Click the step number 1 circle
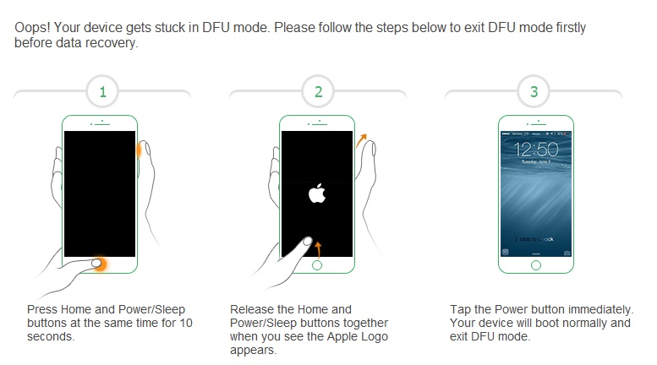point(102,92)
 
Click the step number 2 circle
point(318,92)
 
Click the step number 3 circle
point(534,92)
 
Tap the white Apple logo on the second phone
point(317,193)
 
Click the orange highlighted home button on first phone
point(100,264)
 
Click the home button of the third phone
point(534,264)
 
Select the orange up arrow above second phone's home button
point(319,248)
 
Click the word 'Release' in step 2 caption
point(252,309)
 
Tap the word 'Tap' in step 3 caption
point(461,309)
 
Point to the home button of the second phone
point(317,264)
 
